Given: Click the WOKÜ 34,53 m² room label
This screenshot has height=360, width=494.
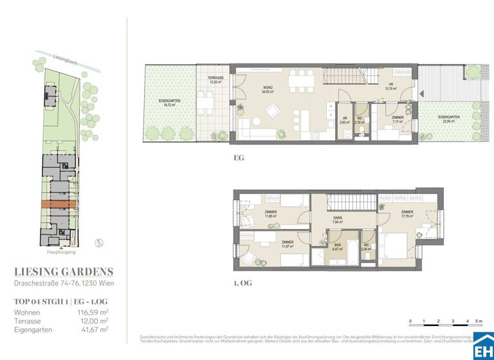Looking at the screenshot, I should (x=268, y=90).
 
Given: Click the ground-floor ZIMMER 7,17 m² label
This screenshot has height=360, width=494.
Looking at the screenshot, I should (x=398, y=119).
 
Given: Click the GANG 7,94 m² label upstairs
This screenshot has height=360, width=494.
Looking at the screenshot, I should (x=337, y=220).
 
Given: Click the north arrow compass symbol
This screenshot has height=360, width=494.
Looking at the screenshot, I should (x=98, y=242).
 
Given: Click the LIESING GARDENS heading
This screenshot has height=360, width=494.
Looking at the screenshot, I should (x=63, y=271).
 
